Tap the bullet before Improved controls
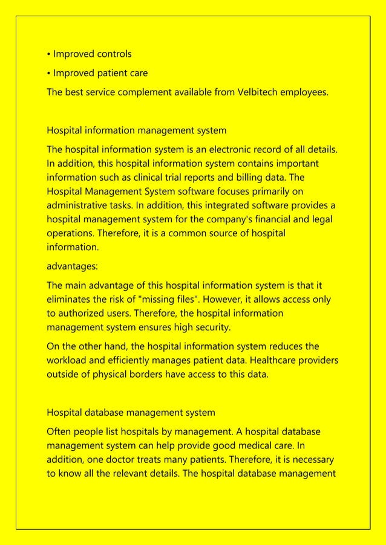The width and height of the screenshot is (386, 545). click(49, 54)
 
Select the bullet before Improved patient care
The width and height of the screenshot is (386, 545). click(49, 74)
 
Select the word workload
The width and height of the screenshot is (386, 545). click(67, 361)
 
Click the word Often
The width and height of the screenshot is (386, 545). click(59, 433)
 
